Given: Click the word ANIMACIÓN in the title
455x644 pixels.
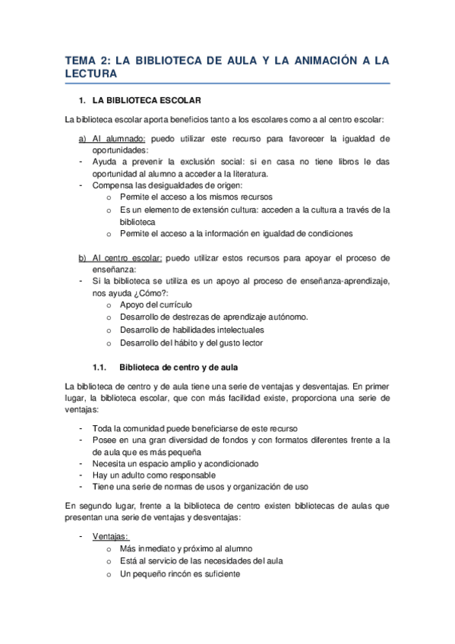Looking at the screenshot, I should click(x=314, y=61).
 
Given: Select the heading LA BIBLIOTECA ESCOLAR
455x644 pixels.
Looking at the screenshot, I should click(x=146, y=100).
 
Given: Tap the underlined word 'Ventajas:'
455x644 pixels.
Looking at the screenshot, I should click(x=111, y=535).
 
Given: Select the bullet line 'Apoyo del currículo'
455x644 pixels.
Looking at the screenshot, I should click(x=150, y=305).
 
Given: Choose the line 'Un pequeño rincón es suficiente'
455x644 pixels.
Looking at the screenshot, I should click(x=180, y=573).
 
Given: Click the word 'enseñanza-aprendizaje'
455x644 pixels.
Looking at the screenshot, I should click(x=342, y=281).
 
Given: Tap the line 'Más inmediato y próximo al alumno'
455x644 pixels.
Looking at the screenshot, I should click(x=186, y=548).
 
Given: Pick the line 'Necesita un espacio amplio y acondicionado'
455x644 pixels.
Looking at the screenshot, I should click(x=175, y=463).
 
